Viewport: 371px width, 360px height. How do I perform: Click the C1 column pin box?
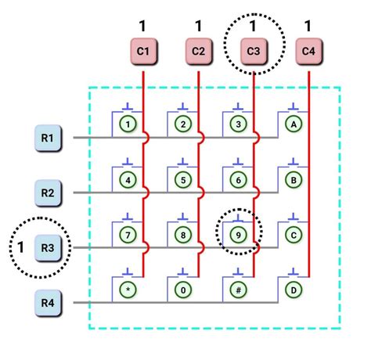143,51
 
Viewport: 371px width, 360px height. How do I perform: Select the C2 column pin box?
199,51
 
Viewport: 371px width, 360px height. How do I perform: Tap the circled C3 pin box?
254,51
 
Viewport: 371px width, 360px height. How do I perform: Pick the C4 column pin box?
308,51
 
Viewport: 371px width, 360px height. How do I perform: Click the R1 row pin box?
48,138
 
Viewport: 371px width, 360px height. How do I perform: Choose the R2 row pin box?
48,193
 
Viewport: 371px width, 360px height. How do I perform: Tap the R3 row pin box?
48,248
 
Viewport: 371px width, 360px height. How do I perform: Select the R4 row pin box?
48,303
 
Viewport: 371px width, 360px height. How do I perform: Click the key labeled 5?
183,180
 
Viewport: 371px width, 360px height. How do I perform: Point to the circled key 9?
239,235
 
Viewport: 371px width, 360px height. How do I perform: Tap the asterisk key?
128,290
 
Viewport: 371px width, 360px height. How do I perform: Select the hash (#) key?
239,290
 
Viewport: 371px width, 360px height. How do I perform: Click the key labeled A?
294,124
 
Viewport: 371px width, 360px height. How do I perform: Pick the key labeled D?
294,290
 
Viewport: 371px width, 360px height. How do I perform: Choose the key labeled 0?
183,290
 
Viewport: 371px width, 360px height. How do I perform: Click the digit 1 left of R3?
20,247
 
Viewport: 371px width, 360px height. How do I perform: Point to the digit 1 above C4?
308,26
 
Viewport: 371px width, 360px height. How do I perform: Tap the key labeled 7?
128,235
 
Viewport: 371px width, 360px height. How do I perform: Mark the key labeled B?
294,180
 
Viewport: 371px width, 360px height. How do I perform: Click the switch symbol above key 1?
128,107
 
